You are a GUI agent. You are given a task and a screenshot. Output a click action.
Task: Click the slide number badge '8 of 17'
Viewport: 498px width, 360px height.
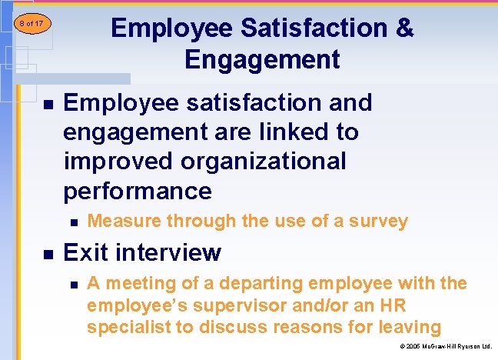pyautogui.click(x=31, y=24)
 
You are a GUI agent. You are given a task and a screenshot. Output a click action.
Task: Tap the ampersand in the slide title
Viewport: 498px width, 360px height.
pyautogui.click(x=404, y=28)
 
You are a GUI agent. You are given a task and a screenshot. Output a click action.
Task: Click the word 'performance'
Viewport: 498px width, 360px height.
pyautogui.click(x=138, y=191)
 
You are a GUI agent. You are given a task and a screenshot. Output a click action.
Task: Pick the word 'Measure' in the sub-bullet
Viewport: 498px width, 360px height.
pyautogui.click(x=123, y=222)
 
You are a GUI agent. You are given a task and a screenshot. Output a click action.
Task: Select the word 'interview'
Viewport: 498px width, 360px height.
pyautogui.click(x=171, y=252)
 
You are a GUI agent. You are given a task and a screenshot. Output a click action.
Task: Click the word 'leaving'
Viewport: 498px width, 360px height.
pyautogui.click(x=410, y=328)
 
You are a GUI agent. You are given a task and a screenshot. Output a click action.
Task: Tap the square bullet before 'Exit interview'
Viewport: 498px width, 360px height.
pyautogui.click(x=48, y=253)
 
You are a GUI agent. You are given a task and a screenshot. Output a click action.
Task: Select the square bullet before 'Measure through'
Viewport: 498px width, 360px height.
pyautogui.click(x=73, y=222)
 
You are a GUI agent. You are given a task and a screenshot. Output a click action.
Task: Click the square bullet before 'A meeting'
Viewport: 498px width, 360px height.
pyautogui.click(x=73, y=284)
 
